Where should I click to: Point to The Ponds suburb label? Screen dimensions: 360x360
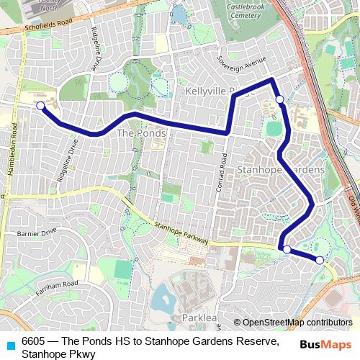click(x=140, y=133)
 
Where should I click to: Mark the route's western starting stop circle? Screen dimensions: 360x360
click(x=40, y=106)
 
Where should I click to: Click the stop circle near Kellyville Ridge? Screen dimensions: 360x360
click(x=279, y=99)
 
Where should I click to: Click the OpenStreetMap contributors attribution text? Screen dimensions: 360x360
click(x=297, y=323)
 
